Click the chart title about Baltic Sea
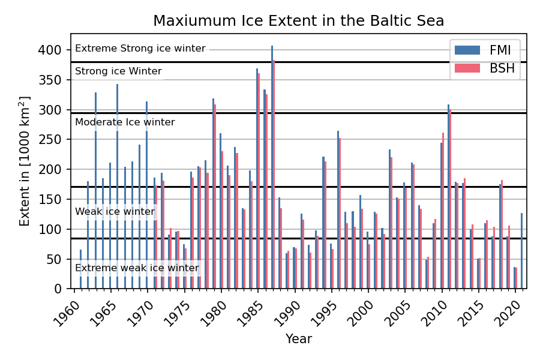pyautogui.click(x=298, y=21)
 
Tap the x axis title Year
pyautogui.click(x=298, y=339)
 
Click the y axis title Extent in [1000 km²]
pyautogui.click(x=25, y=161)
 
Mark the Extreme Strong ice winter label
pyautogui.click(x=140, y=49)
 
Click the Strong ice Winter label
pyautogui.click(x=118, y=71)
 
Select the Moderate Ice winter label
pyautogui.click(x=125, y=122)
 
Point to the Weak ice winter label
pyautogui.click(x=115, y=212)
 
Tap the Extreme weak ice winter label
pyautogui.click(x=137, y=268)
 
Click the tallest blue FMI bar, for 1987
pyautogui.click(x=272, y=168)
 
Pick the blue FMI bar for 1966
pyautogui.click(x=118, y=186)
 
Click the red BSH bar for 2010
pyautogui.click(x=443, y=210)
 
